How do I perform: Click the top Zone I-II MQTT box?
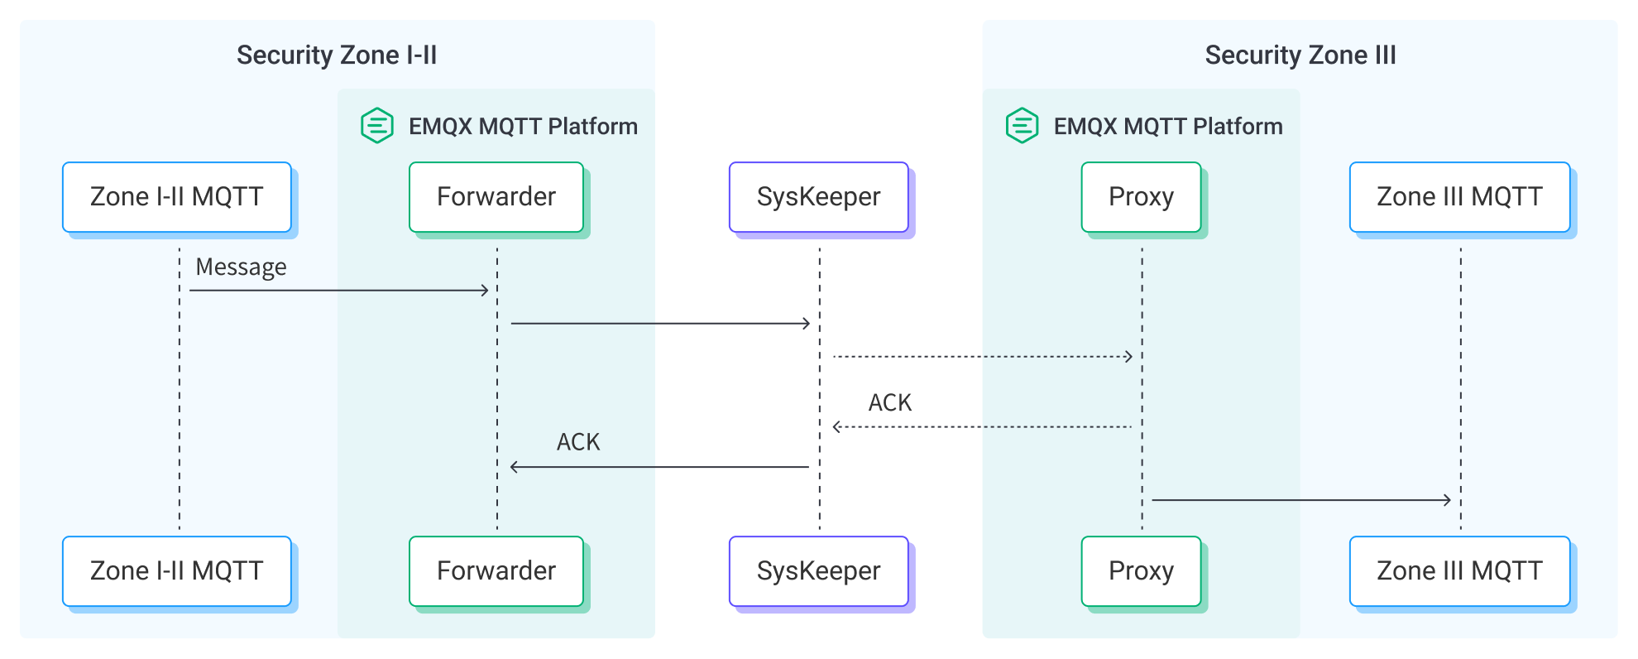(x=177, y=197)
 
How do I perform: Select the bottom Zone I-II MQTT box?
(x=177, y=571)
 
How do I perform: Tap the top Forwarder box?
(x=496, y=197)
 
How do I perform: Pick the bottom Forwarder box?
(x=496, y=571)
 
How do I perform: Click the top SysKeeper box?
(x=819, y=197)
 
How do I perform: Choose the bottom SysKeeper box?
(x=819, y=571)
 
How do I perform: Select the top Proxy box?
(x=1141, y=197)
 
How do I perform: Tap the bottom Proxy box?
(x=1141, y=571)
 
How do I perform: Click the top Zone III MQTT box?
(x=1459, y=197)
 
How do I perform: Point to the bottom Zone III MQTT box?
(x=1459, y=571)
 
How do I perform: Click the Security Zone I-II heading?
(x=337, y=55)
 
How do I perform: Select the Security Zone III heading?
(x=1300, y=55)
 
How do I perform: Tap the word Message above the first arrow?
(x=241, y=267)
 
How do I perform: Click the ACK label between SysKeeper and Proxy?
(x=889, y=403)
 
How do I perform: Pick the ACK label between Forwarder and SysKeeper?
(x=577, y=443)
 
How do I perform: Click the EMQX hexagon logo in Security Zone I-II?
(x=377, y=126)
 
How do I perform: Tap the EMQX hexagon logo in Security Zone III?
(x=1022, y=126)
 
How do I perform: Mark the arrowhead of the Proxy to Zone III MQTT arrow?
(x=1448, y=500)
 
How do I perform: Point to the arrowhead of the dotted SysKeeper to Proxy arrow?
(x=1129, y=357)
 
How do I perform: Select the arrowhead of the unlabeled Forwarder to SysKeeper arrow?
(x=807, y=324)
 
